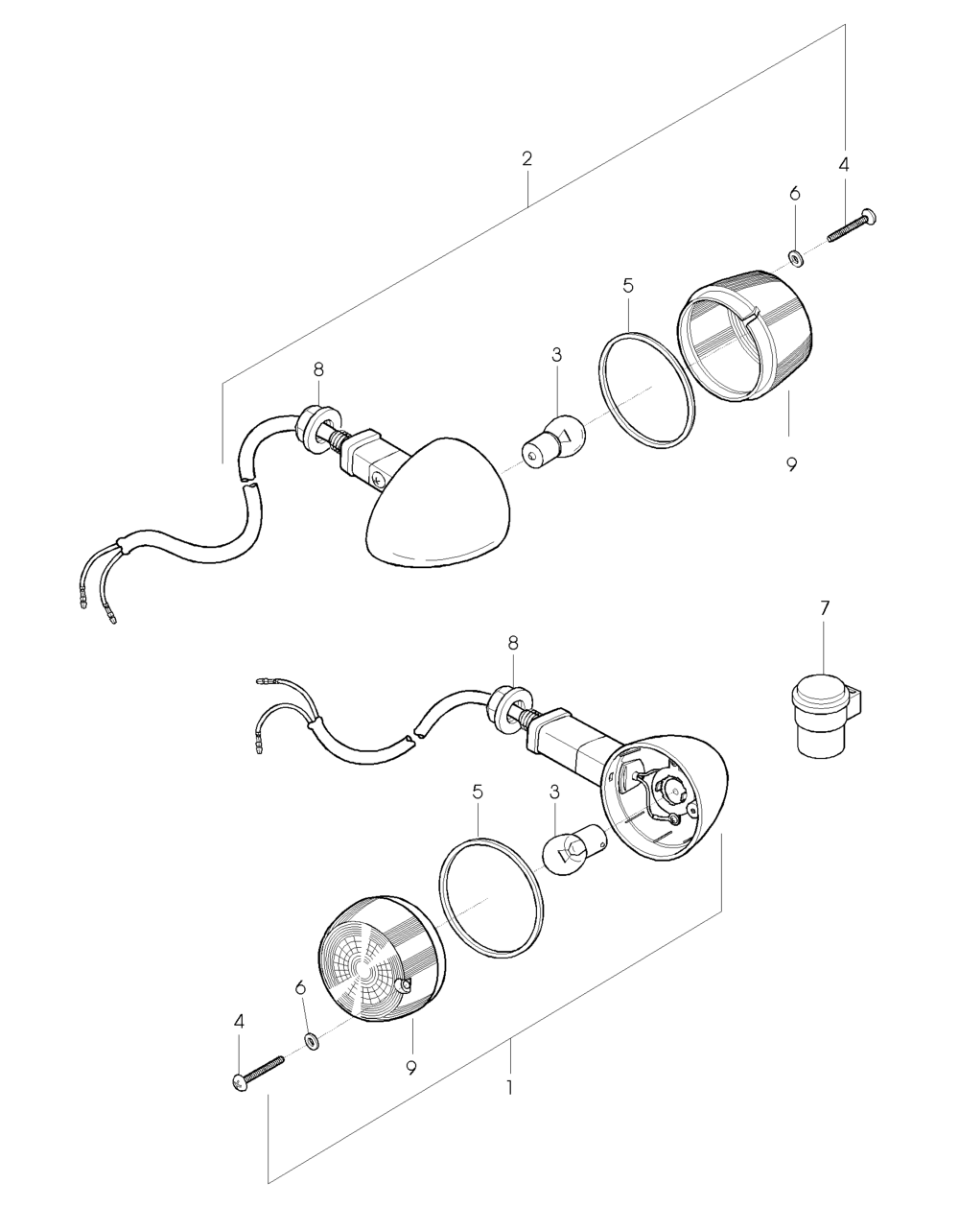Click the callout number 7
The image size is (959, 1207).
pyautogui.click(x=824, y=608)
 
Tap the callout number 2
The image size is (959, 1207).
pyautogui.click(x=526, y=158)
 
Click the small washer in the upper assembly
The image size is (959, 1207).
pyautogui.click(x=794, y=257)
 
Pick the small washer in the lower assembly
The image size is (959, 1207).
pyautogui.click(x=310, y=1024)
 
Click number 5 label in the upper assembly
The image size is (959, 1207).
pyautogui.click(x=627, y=286)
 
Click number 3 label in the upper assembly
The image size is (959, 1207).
pyautogui.click(x=556, y=355)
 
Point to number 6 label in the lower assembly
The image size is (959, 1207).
pyautogui.click(x=300, y=986)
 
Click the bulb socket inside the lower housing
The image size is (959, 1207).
pyautogui.click(x=672, y=789)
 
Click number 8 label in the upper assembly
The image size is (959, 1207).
pyautogui.click(x=318, y=369)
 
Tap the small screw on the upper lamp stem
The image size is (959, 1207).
pyautogui.click(x=378, y=480)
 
